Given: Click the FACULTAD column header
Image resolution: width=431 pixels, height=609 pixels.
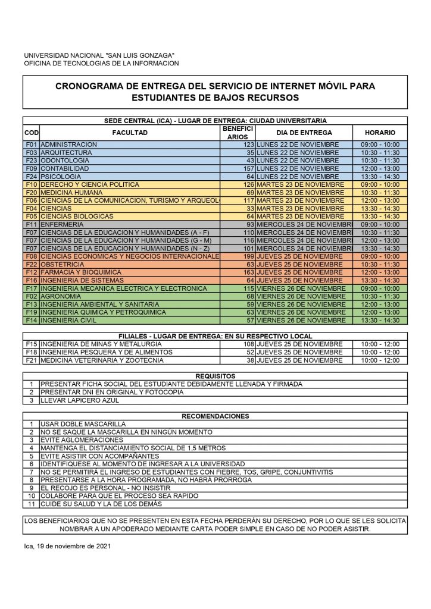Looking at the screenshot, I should point(130,133).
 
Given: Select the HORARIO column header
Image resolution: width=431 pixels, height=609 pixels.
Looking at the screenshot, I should point(380,133).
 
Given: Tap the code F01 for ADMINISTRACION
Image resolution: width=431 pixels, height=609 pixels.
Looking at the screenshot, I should point(32,145).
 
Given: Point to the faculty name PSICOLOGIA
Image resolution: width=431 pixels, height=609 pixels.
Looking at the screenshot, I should point(60,177).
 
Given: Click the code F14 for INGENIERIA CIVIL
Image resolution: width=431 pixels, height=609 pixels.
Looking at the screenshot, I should point(32,320).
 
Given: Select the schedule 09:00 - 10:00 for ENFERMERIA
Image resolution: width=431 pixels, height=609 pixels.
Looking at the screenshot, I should point(380,224).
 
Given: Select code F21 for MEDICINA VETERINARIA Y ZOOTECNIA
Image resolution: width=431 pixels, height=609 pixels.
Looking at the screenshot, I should point(32,360).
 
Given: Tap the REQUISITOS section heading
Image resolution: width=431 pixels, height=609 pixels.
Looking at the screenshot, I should point(215,376).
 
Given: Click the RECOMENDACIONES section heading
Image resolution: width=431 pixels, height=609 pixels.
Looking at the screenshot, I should point(215,416).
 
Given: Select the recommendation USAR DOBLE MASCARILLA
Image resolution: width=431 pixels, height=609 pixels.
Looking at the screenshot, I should point(83,424).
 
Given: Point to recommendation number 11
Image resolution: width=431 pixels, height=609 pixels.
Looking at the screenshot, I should point(32,504).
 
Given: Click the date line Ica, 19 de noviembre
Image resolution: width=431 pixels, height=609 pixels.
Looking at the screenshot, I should point(67,545).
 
